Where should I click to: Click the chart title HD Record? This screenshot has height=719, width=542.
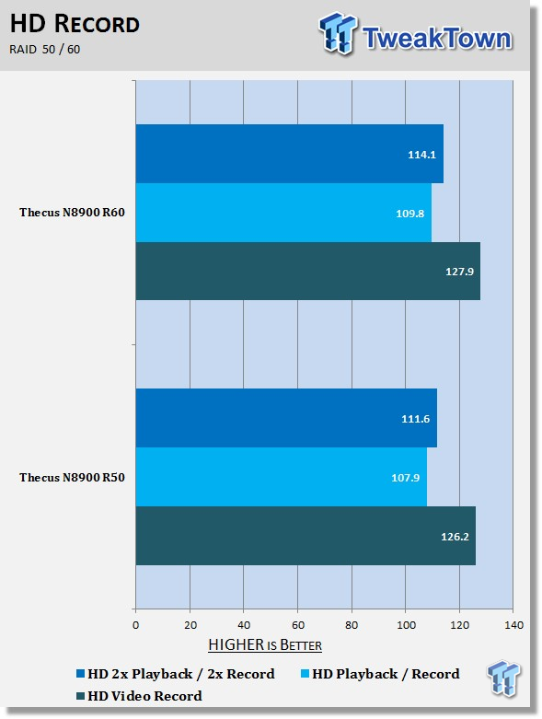(75, 24)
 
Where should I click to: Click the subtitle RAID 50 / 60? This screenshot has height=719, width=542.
(44, 49)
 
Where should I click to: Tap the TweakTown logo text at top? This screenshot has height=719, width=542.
(437, 38)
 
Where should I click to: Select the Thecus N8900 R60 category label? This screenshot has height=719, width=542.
(72, 213)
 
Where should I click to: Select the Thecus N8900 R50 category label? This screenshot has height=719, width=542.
(72, 478)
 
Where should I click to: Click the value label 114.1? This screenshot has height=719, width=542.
(422, 155)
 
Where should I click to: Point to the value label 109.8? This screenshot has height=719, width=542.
(410, 214)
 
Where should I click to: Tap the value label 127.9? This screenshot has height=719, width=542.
(459, 272)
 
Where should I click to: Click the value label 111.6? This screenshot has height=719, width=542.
(416, 419)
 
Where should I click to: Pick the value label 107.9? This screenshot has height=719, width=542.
(406, 478)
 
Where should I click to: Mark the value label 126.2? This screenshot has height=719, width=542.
(455, 537)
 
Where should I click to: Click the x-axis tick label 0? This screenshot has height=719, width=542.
(135, 625)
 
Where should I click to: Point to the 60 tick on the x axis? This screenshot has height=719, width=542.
(298, 625)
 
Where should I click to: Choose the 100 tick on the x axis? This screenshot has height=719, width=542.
(406, 625)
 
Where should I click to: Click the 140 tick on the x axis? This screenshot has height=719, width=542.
(514, 625)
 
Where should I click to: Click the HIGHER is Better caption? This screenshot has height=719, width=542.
(265, 644)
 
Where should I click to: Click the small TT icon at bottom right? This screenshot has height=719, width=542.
(503, 678)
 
